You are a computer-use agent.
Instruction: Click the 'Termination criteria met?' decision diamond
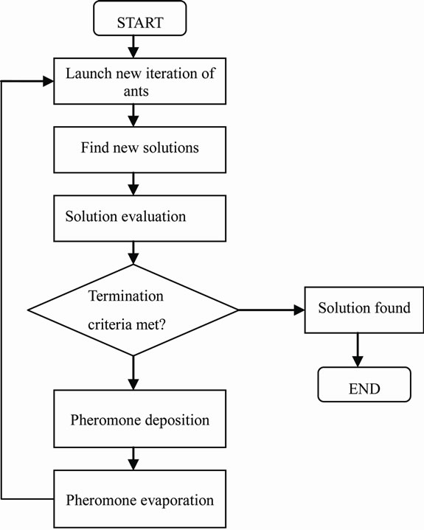[133, 309]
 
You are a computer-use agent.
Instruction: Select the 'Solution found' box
[364, 309]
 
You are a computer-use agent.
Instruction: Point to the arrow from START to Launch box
[133, 48]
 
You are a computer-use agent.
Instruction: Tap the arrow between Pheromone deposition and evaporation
[133, 458]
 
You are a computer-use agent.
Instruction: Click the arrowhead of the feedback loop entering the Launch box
[48, 80]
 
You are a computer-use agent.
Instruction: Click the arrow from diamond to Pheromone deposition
[133, 372]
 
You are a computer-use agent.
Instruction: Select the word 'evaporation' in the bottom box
[175, 501]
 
